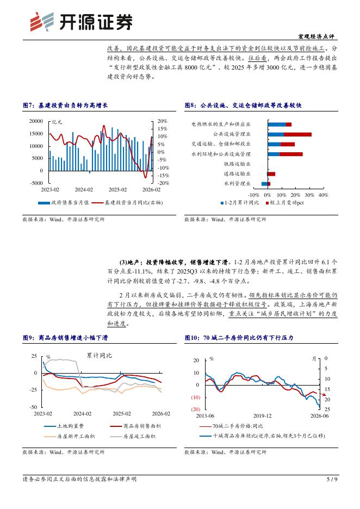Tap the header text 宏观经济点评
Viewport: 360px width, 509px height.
tap(317, 36)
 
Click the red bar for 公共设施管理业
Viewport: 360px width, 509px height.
tap(297, 134)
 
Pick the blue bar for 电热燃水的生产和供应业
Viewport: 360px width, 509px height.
tap(276, 125)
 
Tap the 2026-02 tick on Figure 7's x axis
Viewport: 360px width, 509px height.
tap(151, 190)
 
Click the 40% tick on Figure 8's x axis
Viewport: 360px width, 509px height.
tap(323, 195)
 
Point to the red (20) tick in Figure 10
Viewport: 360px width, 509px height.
tap(196, 409)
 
